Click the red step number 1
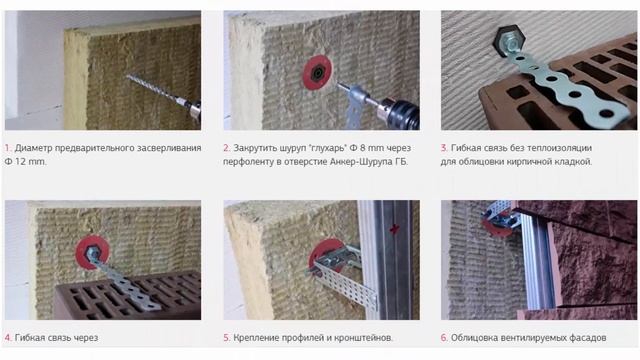click(8, 148)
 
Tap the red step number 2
click(227, 148)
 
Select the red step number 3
click(444, 148)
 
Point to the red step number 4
click(8, 338)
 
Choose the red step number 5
click(227, 338)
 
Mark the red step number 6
click(444, 338)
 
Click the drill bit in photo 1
click(156, 90)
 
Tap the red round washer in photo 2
click(318, 73)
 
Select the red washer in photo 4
click(93, 252)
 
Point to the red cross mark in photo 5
click(394, 229)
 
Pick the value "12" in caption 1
click(21, 162)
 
